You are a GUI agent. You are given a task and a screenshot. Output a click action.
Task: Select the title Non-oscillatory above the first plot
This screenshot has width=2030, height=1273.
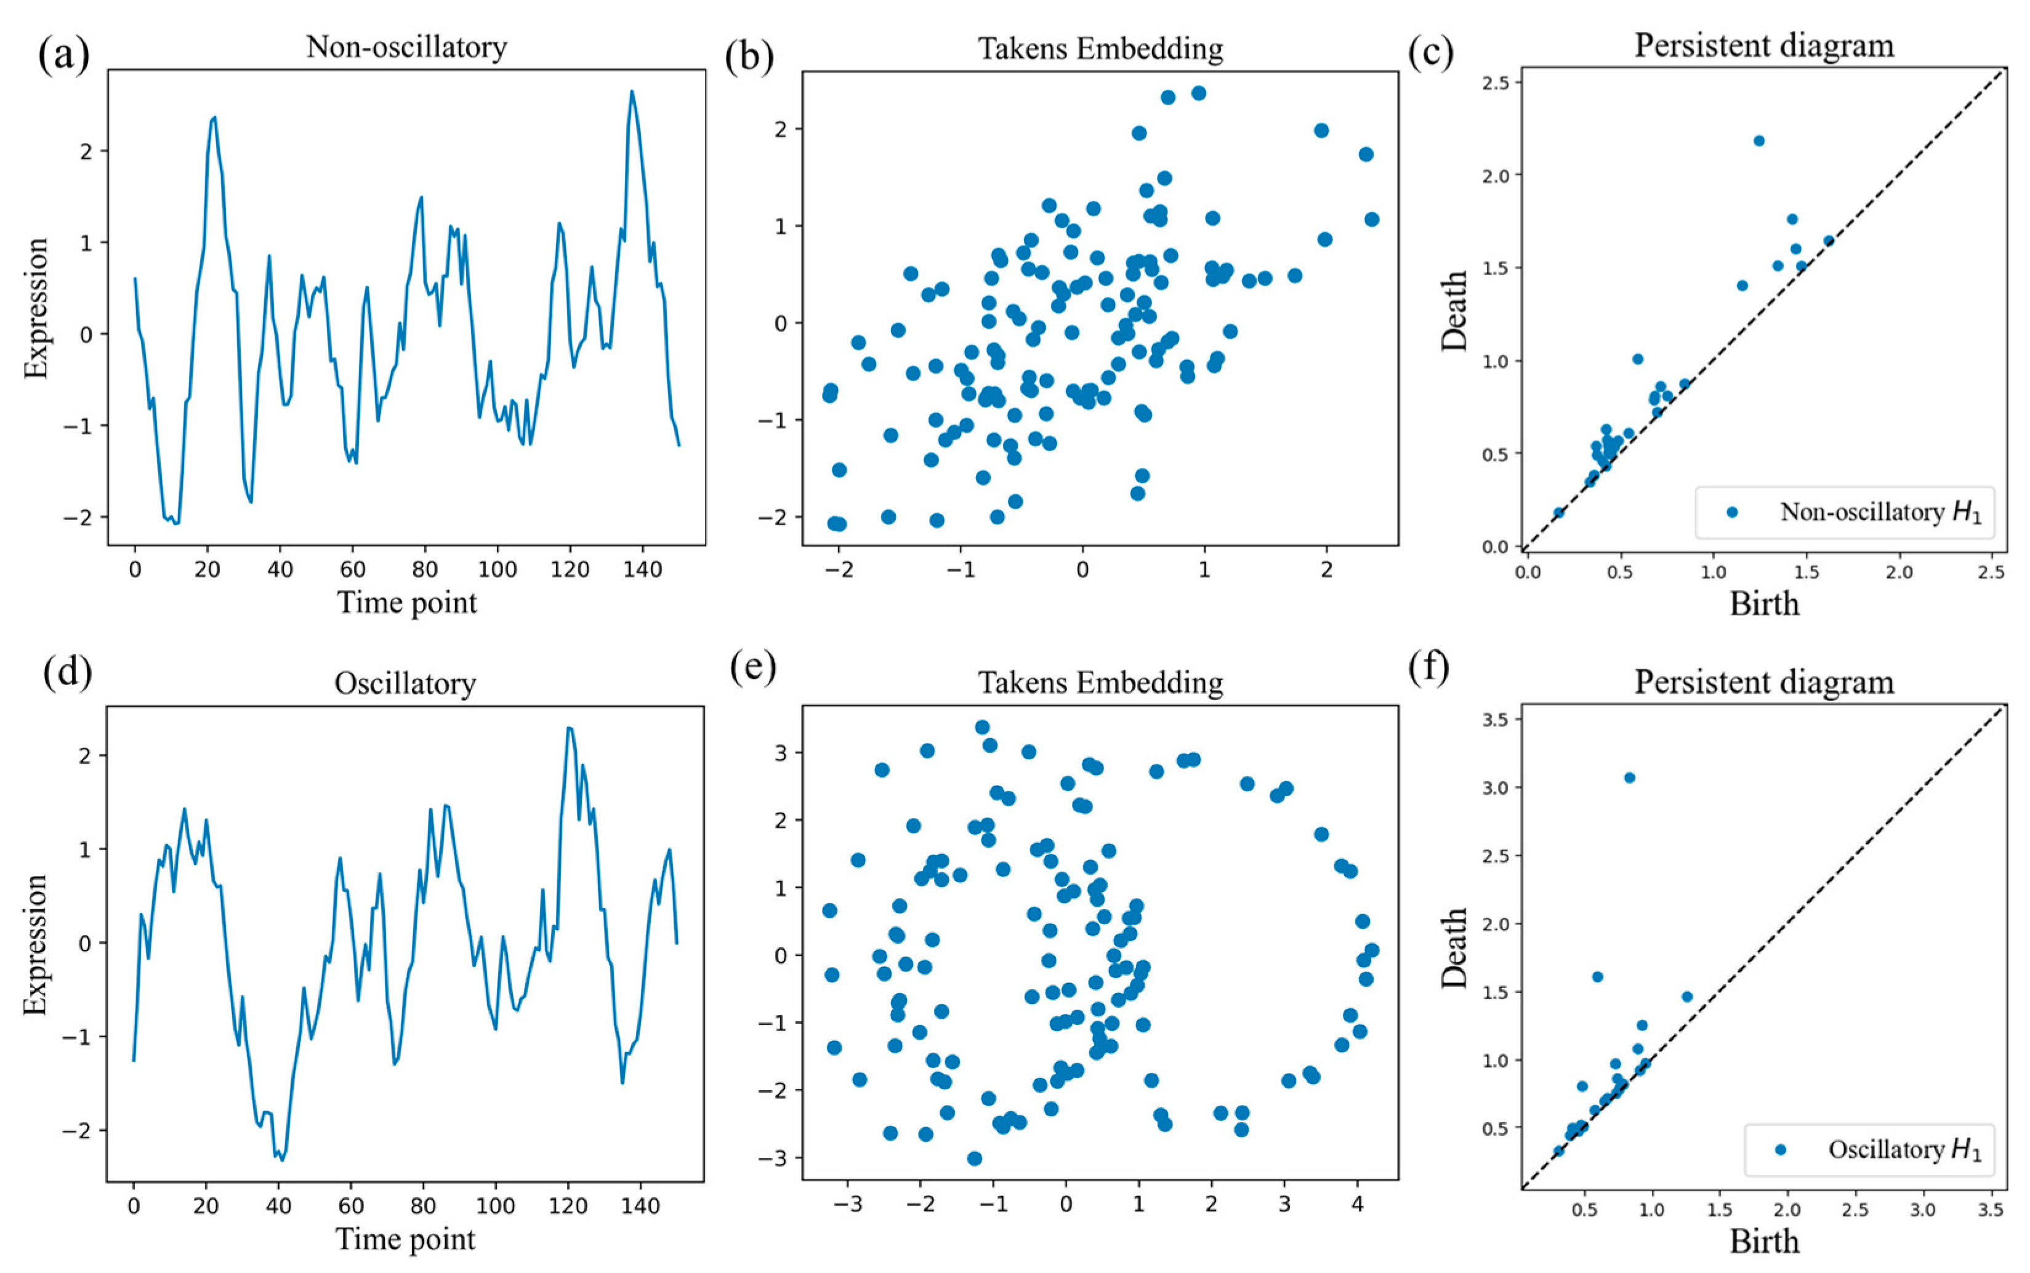pyautogui.click(x=406, y=47)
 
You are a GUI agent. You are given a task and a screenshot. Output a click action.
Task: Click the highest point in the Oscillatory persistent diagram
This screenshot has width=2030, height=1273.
pyautogui.click(x=1629, y=777)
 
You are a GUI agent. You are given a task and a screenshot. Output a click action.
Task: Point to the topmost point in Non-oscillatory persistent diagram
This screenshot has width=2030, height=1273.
pyautogui.click(x=1759, y=140)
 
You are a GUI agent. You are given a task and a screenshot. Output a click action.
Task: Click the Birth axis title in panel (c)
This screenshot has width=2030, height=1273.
pyautogui.click(x=1764, y=604)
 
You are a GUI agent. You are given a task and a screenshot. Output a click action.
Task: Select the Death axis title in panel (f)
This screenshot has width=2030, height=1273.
pyautogui.click(x=1454, y=947)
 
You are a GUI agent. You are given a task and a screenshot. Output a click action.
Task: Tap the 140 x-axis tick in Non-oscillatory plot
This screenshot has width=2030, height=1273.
pyautogui.click(x=642, y=570)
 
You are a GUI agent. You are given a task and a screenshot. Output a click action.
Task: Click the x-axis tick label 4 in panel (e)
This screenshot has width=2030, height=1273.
pyautogui.click(x=1357, y=1204)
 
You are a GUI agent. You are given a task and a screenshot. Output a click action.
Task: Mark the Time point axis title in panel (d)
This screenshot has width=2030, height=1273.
pyautogui.click(x=406, y=1239)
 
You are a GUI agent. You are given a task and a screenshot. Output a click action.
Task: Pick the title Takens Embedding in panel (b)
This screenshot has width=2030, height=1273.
pyautogui.click(x=1100, y=49)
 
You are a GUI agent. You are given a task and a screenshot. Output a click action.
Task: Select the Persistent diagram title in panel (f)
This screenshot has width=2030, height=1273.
pyautogui.click(x=1764, y=682)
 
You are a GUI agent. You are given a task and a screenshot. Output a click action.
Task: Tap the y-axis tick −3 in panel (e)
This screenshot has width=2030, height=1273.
pyautogui.click(x=771, y=1159)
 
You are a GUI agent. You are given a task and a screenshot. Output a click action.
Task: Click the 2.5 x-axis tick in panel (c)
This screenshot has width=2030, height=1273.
pyautogui.click(x=1991, y=572)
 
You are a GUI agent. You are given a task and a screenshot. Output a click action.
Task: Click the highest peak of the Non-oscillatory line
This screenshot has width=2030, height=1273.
pyautogui.click(x=632, y=91)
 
